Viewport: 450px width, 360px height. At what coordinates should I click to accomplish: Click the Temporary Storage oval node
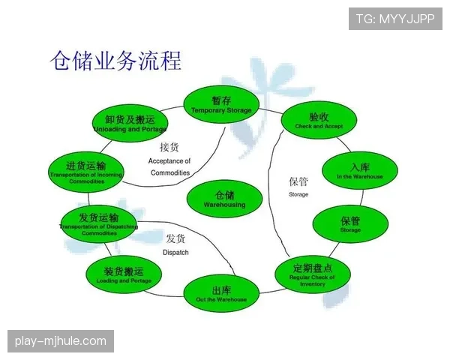pyautogui.click(x=221, y=104)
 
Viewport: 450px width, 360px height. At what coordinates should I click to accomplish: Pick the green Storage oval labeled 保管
pyautogui.click(x=350, y=224)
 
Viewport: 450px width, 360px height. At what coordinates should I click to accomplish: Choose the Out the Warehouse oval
pyautogui.click(x=221, y=293)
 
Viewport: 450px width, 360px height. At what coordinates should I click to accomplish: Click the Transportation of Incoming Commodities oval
pyautogui.click(x=86, y=171)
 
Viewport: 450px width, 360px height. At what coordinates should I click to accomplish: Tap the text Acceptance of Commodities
pyautogui.click(x=169, y=166)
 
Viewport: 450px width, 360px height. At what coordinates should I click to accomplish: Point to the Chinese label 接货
pyautogui.click(x=169, y=147)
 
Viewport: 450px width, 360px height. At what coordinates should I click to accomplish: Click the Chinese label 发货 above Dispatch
pyautogui.click(x=175, y=238)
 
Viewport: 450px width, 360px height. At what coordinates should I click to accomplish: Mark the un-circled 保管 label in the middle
pyautogui.click(x=298, y=181)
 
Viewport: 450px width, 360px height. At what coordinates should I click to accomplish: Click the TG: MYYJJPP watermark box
pyautogui.click(x=394, y=18)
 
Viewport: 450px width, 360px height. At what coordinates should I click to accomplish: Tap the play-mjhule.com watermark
pyautogui.click(x=60, y=342)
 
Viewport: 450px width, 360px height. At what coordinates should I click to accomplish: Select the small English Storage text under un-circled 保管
pyautogui.click(x=298, y=195)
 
